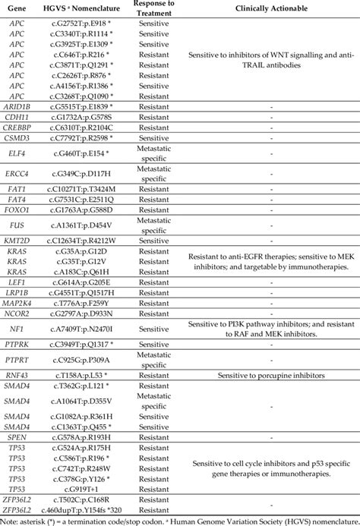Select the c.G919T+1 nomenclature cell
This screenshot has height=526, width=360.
pos(83,489)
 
